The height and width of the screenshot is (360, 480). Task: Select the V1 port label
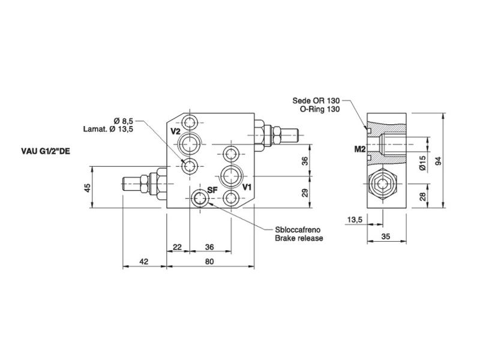(247, 187)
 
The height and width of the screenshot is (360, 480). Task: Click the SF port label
(212, 190)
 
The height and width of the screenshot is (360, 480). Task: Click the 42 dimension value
(144, 262)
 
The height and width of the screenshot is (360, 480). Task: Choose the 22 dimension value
(177, 247)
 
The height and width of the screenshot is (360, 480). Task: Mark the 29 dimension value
(305, 192)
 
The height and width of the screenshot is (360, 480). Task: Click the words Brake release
(299, 238)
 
